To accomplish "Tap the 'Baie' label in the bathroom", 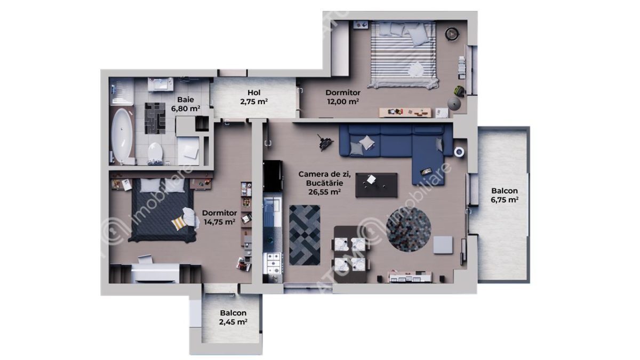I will pos(186,99).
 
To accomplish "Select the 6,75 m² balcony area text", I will pos(504,200).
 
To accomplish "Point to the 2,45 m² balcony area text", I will pos(233,322).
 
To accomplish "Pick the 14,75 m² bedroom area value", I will pos(219,222).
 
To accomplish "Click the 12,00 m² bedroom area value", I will pos(342,101).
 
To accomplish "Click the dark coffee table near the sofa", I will pos(377,185).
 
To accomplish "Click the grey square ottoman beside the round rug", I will pos(443,245).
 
